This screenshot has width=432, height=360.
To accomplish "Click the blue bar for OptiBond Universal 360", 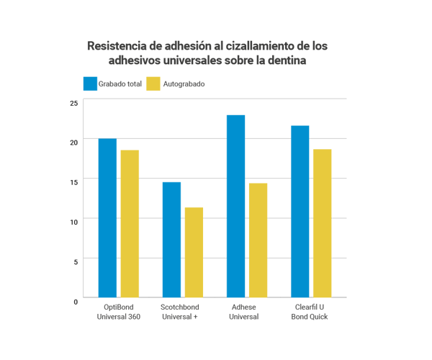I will pyautogui.click(x=108, y=217).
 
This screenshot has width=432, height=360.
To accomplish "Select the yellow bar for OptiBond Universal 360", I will pyautogui.click(x=130, y=223).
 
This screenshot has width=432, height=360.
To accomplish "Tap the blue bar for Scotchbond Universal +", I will pyautogui.click(x=171, y=239).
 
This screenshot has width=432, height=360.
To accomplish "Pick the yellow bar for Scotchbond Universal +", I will pyautogui.click(x=194, y=252).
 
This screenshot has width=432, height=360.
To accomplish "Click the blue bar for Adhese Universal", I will pyautogui.click(x=235, y=206).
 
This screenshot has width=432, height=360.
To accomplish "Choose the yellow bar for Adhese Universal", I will pyautogui.click(x=258, y=240).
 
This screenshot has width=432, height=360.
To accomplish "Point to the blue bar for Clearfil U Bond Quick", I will pyautogui.click(x=300, y=211).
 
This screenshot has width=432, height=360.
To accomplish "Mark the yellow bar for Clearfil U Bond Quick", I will pyautogui.click(x=322, y=223).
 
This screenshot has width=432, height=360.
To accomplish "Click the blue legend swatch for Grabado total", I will pyautogui.click(x=90, y=84).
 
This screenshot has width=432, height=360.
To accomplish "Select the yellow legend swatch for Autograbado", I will pyautogui.click(x=153, y=84).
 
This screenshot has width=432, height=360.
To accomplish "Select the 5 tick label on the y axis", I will pyautogui.click(x=75, y=261).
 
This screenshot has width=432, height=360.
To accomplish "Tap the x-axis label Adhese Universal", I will pyautogui.click(x=244, y=312).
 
